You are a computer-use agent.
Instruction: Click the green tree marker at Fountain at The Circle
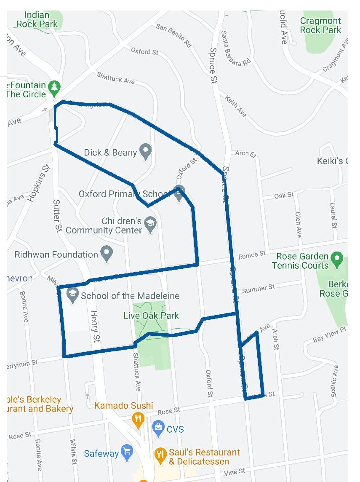(x=55, y=87)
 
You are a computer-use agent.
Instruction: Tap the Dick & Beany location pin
(x=146, y=151)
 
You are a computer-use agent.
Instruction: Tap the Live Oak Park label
(x=151, y=316)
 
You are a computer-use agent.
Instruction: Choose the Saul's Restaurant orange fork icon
(x=160, y=454)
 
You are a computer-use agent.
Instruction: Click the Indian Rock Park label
(x=37, y=19)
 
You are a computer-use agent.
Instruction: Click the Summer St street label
(x=258, y=289)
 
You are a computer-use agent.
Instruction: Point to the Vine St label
(x=237, y=471)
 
